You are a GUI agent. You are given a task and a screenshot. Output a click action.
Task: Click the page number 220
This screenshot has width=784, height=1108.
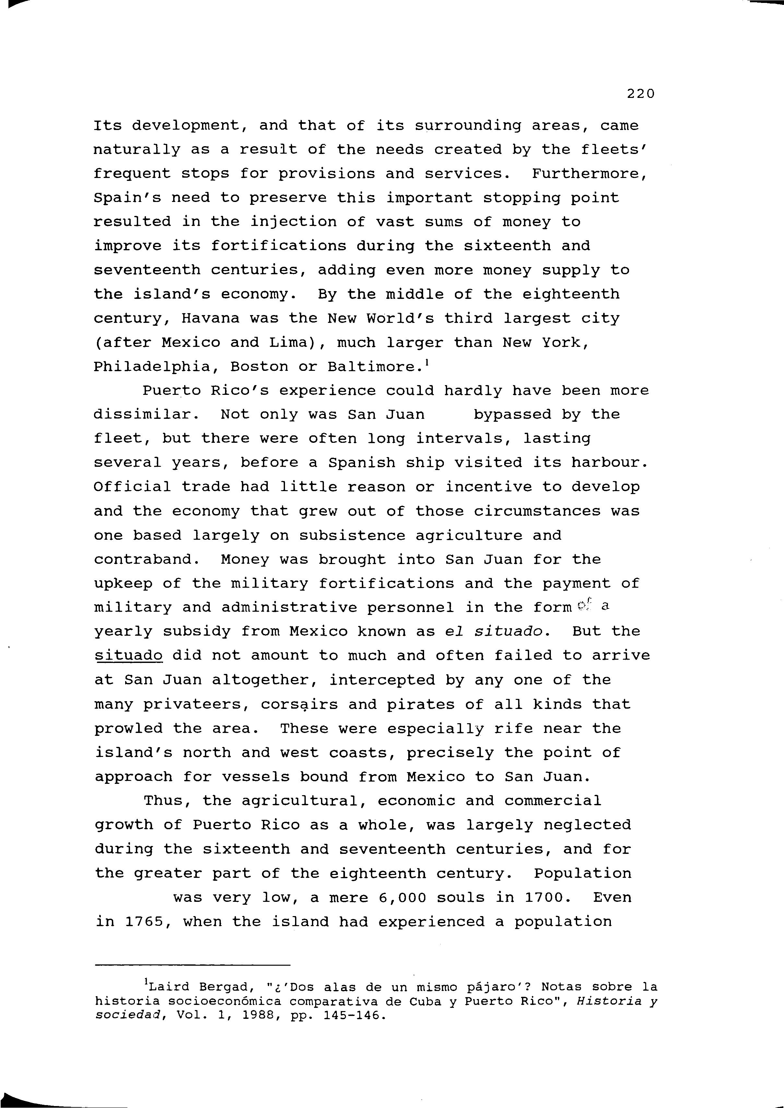[x=641, y=94]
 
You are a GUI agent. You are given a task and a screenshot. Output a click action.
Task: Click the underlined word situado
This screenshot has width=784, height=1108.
[x=128, y=656]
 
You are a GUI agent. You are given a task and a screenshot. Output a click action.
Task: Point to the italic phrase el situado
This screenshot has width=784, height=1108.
[x=497, y=631]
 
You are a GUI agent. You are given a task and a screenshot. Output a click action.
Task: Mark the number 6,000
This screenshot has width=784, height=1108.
[x=403, y=898]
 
